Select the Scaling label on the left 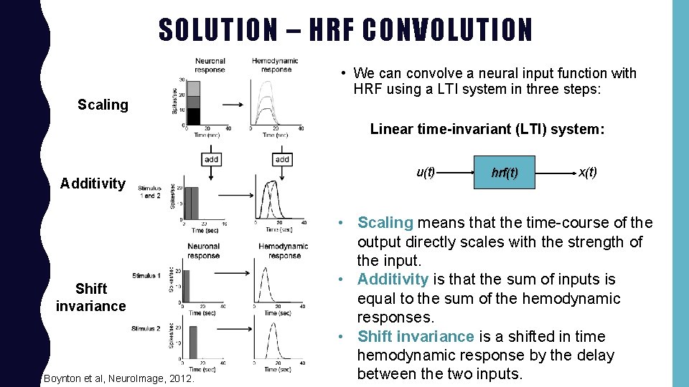coord(103,105)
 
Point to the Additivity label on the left coord(93,183)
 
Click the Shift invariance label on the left coord(91,297)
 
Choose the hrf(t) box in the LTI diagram coord(505,173)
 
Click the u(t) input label coord(426,172)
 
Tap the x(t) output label coord(587,173)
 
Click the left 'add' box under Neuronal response coord(212,159)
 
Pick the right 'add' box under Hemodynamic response coord(282,159)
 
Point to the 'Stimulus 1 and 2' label coord(150,192)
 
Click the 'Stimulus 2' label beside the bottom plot coord(146,329)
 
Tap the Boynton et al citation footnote coord(118,378)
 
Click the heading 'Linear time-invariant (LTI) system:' coord(487,130)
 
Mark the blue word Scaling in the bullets coord(385,223)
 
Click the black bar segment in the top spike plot coord(194,116)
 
